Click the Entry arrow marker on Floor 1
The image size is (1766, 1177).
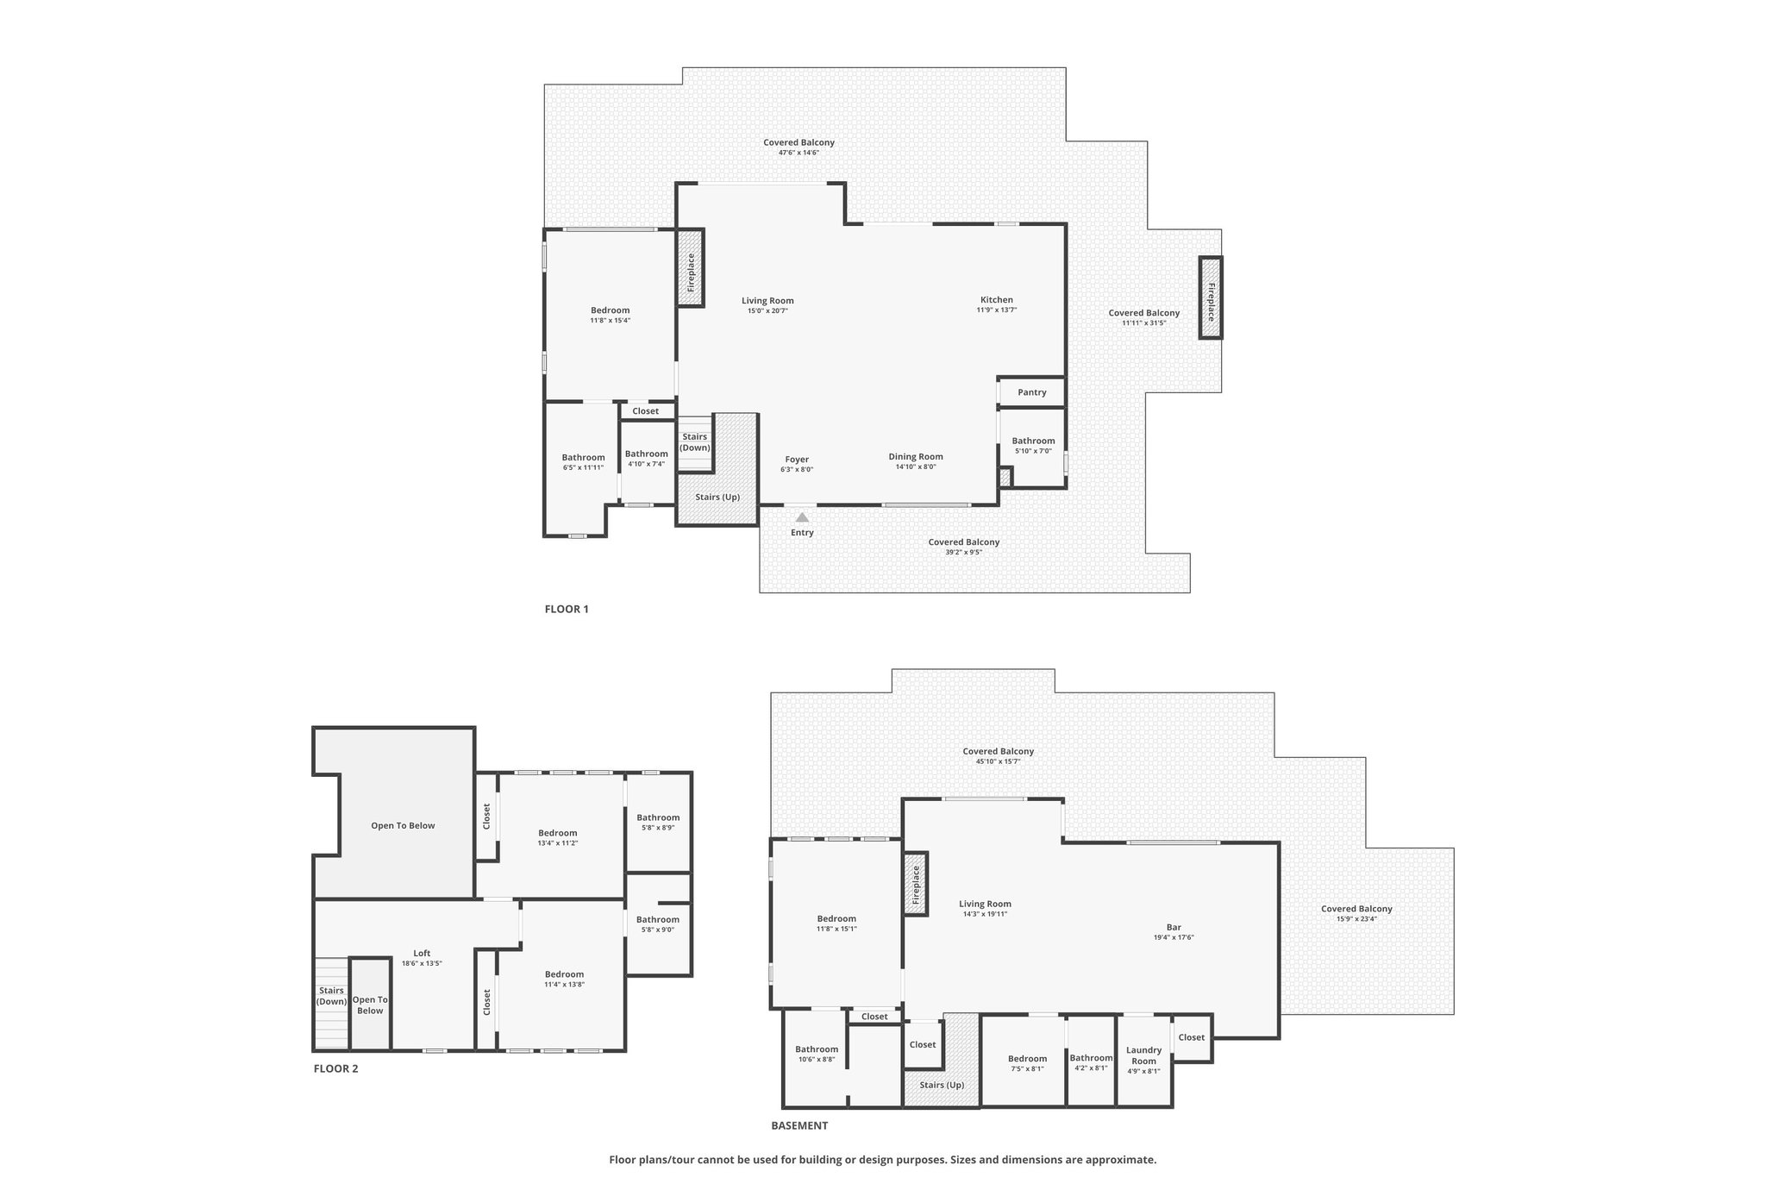pyautogui.click(x=802, y=517)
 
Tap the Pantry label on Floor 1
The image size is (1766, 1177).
pyautogui.click(x=1032, y=392)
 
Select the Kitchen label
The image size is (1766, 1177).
pyautogui.click(x=997, y=300)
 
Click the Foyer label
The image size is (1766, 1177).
pyautogui.click(x=797, y=460)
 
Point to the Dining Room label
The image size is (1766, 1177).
pyautogui.click(x=916, y=457)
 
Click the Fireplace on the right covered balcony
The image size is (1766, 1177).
pyautogui.click(x=1211, y=297)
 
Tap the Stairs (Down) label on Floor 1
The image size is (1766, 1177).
pyautogui.click(x=695, y=442)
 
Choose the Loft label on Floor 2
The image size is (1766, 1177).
pyautogui.click(x=422, y=953)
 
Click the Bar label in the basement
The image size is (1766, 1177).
pyautogui.click(x=1174, y=927)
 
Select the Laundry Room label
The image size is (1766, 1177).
pyautogui.click(x=1144, y=1055)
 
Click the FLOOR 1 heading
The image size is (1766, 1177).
pyautogui.click(x=567, y=609)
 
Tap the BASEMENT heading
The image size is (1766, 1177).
pyautogui.click(x=799, y=1125)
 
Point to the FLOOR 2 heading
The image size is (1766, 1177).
pyautogui.click(x=335, y=1068)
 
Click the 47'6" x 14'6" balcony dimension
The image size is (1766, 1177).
pyautogui.click(x=798, y=153)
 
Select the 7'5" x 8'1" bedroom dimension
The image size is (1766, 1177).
pyautogui.click(x=1027, y=1068)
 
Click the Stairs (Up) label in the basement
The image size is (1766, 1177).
pyautogui.click(x=942, y=1085)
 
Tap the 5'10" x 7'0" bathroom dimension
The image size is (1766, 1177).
pyautogui.click(x=1033, y=451)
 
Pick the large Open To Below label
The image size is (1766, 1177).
pyautogui.click(x=403, y=825)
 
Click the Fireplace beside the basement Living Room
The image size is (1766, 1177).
pyautogui.click(x=916, y=884)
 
